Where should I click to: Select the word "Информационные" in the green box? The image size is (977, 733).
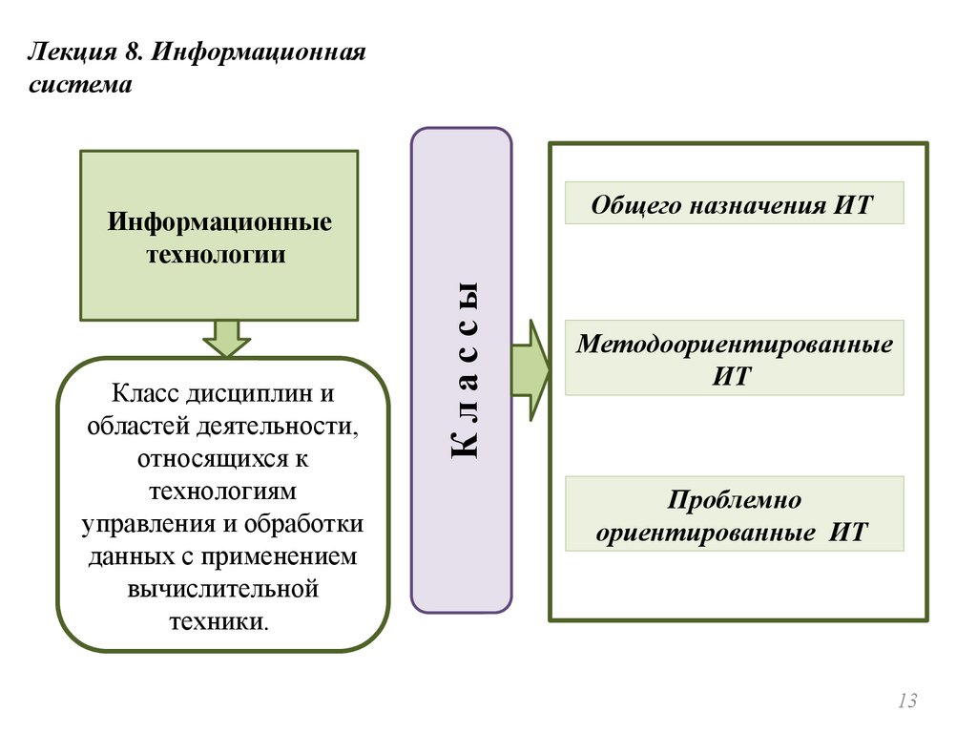[x=218, y=222]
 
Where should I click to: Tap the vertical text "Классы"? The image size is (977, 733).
[x=462, y=370]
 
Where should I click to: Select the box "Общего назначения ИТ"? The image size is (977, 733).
[x=734, y=203]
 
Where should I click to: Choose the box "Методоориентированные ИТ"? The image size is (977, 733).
[x=734, y=358]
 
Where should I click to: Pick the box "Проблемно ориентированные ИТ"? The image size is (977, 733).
[x=734, y=514]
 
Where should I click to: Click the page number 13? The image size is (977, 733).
[x=906, y=702]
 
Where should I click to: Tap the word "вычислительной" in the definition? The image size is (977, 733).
[x=221, y=588]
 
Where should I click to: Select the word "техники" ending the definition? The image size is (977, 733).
[x=218, y=620]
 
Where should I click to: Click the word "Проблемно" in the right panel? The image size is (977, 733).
[x=734, y=500]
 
